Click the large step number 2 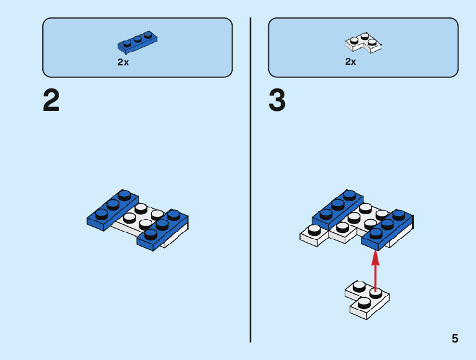(x=52, y=101)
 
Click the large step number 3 (x=277, y=101)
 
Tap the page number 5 (x=455, y=339)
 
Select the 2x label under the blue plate (x=123, y=62)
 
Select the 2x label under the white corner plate (x=351, y=62)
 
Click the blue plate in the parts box (x=137, y=42)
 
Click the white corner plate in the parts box (x=363, y=43)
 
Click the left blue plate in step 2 (x=112, y=208)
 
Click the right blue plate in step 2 (x=162, y=229)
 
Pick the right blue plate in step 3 (x=387, y=229)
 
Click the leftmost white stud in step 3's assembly (x=314, y=230)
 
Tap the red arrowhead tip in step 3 (x=375, y=253)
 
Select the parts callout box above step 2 (x=137, y=47)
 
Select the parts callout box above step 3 (x=363, y=47)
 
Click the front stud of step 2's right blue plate (x=150, y=235)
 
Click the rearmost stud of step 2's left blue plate (x=126, y=195)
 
